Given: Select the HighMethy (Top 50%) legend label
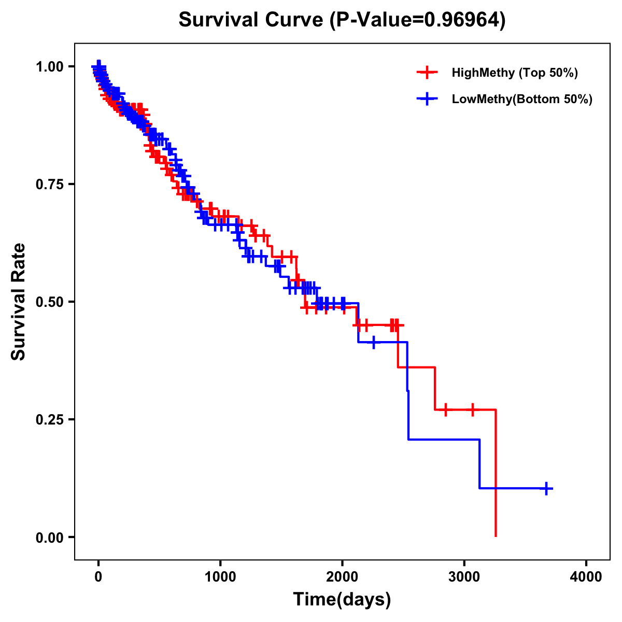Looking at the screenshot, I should pos(515,73).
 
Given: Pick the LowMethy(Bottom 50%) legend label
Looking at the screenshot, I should pos(522,100).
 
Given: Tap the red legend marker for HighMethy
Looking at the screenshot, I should pos(427,73).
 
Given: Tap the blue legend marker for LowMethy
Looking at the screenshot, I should pos(427,99).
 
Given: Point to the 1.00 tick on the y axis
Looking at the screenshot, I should pos(49,66).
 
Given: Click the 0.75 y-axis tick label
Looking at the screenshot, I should pos(49,184).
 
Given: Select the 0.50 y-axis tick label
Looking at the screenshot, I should pos(49,302).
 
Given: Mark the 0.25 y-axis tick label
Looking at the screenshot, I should pos(49,419).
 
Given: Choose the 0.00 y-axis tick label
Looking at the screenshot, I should pos(49,537).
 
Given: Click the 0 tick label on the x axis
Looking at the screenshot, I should pos(98,576).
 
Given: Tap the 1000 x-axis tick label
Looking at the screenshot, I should pos(220,576).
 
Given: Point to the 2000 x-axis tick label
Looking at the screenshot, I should pos(342,576).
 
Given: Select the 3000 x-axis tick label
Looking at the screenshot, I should pos(464,576).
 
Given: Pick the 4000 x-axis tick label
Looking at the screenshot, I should pos(586,576).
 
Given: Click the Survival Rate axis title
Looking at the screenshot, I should pos(19,302).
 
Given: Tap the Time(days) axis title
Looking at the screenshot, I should pos(342,600).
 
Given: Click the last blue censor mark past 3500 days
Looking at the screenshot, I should pos(546,488).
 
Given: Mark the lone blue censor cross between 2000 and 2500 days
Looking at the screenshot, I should pos(374,342).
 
